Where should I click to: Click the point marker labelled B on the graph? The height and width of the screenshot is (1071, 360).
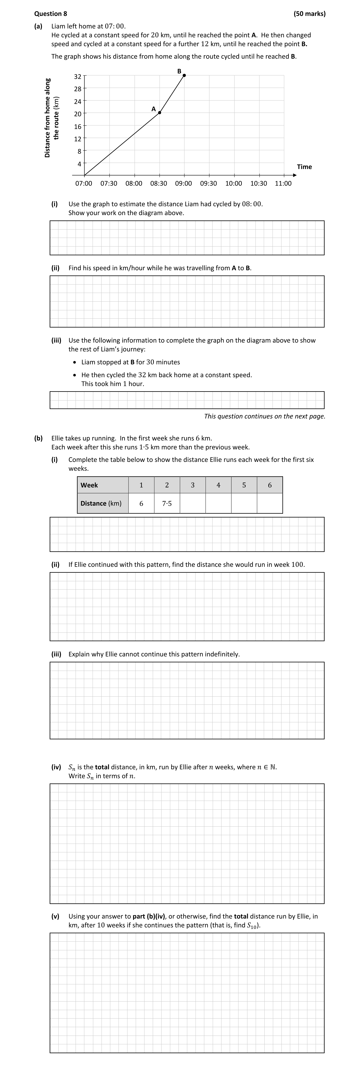(184, 75)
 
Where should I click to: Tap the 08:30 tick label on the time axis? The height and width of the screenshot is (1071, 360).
(159, 183)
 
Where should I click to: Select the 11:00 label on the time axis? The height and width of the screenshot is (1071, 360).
(283, 183)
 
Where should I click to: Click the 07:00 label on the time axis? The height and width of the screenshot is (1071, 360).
(84, 183)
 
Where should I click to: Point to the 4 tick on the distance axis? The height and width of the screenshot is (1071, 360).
(79, 164)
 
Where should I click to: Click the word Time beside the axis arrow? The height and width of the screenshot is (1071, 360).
(304, 167)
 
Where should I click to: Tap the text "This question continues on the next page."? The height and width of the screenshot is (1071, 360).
(264, 416)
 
